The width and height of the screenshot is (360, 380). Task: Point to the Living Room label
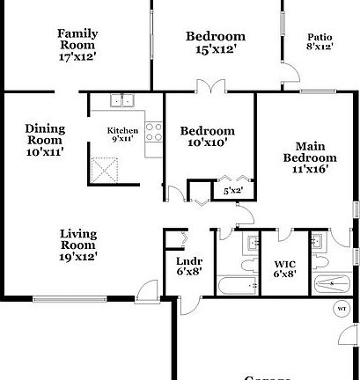tap(77, 245)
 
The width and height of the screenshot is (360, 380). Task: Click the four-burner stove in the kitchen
tap(154, 132)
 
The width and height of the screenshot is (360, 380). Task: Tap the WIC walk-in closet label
tap(284, 267)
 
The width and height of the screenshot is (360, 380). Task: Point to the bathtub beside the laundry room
tap(236, 286)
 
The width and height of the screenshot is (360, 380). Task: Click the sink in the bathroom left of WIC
tap(251, 241)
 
